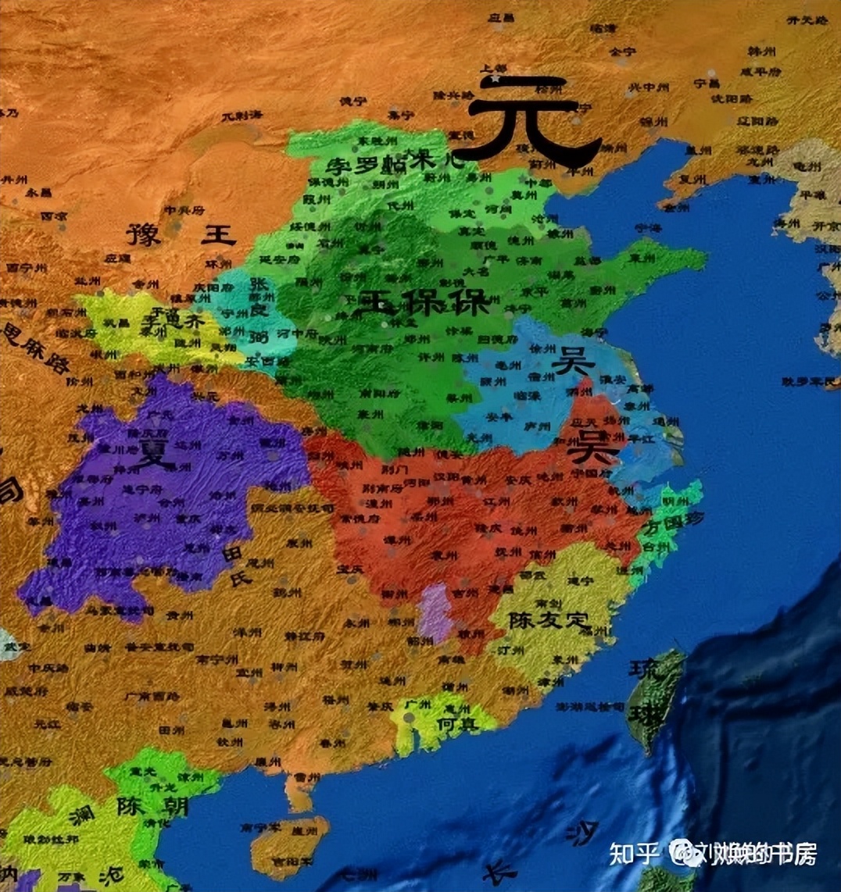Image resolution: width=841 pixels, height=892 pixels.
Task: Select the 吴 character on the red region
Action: click(x=594, y=446)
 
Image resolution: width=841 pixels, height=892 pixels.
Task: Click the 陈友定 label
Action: click(x=548, y=621)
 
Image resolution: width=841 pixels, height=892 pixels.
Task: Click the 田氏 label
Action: click(x=234, y=566)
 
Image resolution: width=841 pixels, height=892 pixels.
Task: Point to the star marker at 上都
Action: click(x=493, y=79)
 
